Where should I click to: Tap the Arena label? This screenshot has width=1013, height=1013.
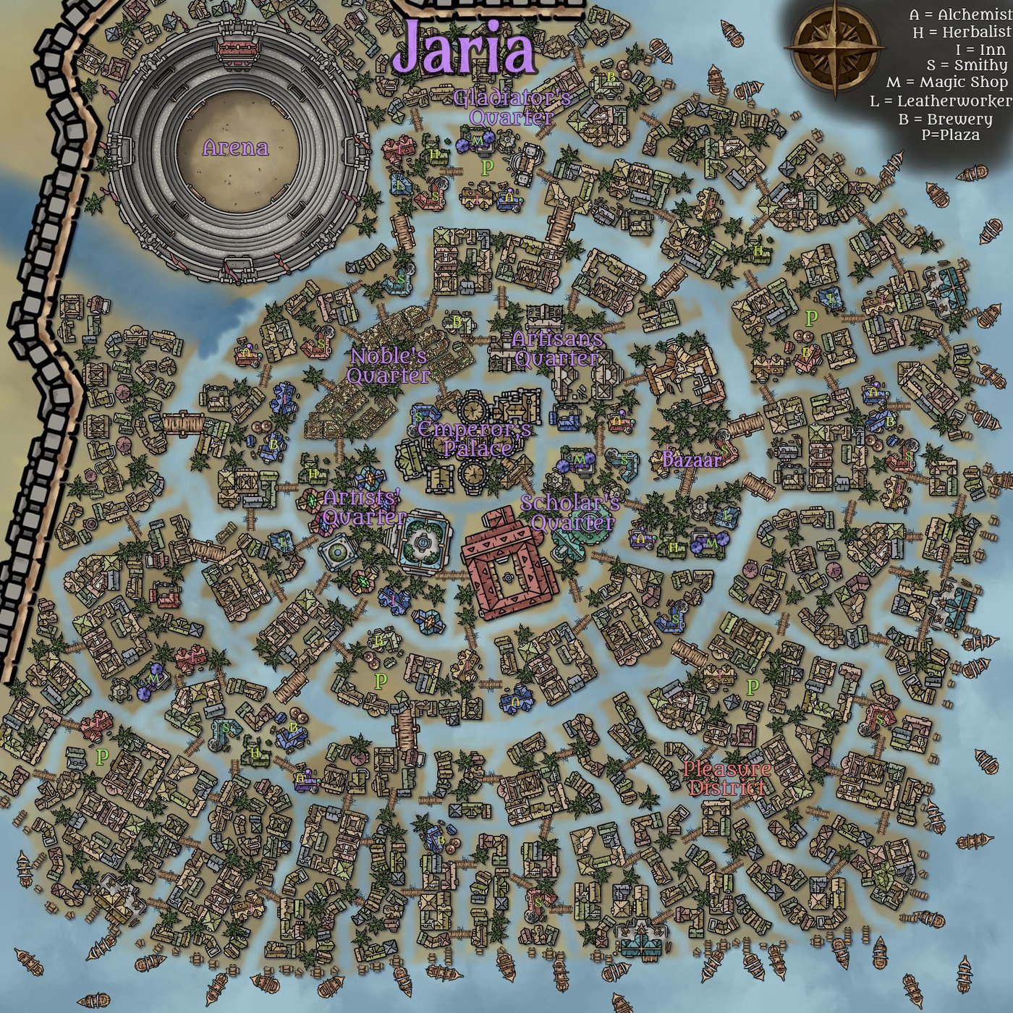coord(235,148)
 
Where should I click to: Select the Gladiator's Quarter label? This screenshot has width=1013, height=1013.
coord(512,107)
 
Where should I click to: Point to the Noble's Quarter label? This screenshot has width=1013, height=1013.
coord(389,365)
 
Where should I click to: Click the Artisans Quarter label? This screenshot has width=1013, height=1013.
coord(556,348)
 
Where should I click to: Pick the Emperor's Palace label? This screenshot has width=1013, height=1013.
coord(475,438)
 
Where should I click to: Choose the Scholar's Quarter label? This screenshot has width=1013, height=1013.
coord(571,512)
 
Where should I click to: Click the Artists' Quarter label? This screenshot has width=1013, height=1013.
coord(363,506)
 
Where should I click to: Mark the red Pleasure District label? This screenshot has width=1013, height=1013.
coord(727,778)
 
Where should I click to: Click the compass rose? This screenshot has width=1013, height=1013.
coord(835,47)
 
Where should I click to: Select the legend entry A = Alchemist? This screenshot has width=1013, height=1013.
coord(959,15)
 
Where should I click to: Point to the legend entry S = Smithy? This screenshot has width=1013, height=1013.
coord(966,66)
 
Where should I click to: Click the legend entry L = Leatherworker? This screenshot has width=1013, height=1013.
coord(941,101)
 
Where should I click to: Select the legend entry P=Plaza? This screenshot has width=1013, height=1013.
coord(950,135)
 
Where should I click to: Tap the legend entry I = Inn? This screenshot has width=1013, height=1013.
coord(980,49)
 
